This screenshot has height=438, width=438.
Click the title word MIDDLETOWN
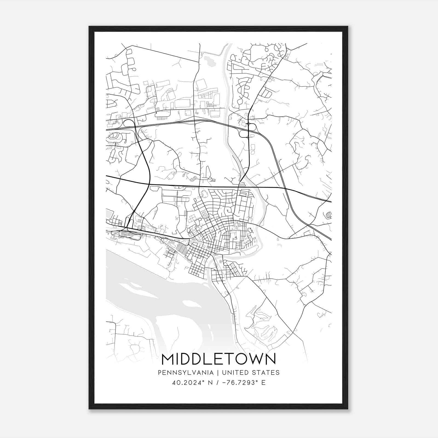click(x=219, y=359)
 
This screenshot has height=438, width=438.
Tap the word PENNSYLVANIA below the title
click(x=186, y=373)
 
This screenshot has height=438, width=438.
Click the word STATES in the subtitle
click(x=267, y=373)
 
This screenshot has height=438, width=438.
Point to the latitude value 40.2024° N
click(x=191, y=383)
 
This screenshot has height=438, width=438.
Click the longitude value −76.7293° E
click(x=243, y=383)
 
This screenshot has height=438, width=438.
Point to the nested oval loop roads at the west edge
click(x=115, y=137)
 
